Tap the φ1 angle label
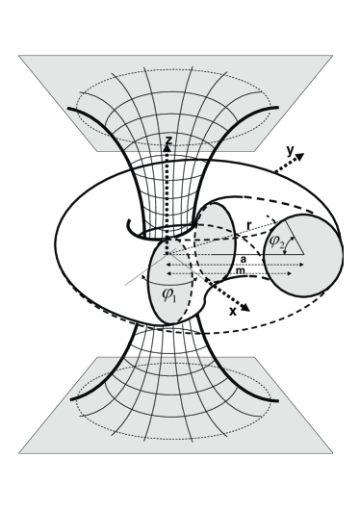(x=169, y=294)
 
